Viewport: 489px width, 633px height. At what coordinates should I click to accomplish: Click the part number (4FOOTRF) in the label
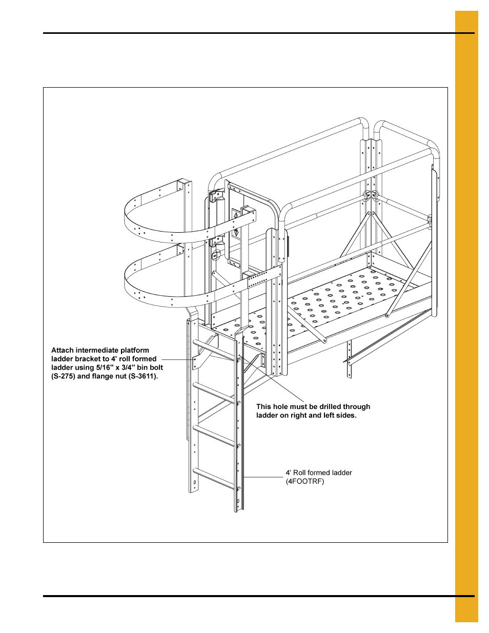click(305, 482)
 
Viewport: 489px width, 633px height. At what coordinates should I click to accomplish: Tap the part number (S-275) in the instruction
click(63, 376)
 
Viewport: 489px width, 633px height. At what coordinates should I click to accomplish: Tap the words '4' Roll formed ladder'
click(319, 473)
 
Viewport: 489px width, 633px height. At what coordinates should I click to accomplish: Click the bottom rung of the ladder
click(214, 478)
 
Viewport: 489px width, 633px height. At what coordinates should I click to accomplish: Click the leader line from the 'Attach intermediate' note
click(177, 359)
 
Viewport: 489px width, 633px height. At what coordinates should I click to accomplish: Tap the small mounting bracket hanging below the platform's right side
click(350, 359)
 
